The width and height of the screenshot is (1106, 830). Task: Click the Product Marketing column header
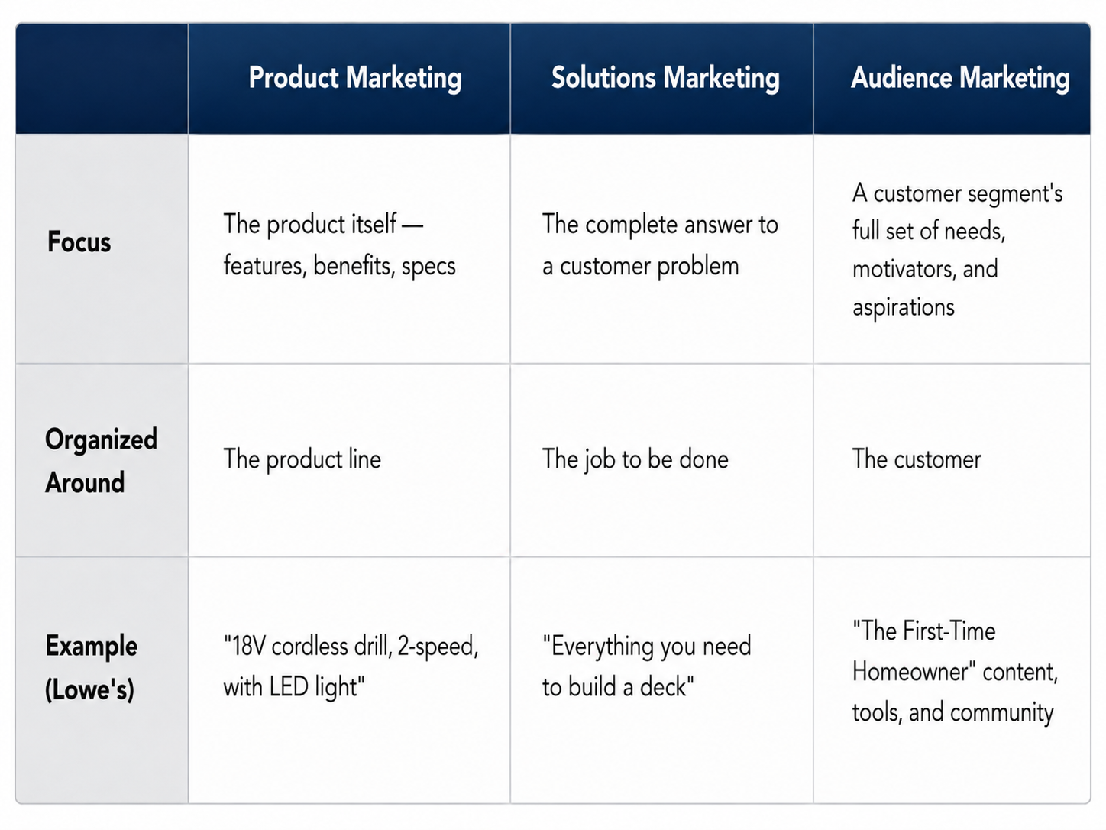(354, 78)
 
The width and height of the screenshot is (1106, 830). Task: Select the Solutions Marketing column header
(665, 78)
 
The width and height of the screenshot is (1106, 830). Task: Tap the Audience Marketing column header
(960, 78)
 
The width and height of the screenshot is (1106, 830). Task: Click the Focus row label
(79, 242)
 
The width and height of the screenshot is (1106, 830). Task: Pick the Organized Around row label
(101, 461)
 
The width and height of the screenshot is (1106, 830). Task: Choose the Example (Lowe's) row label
(91, 667)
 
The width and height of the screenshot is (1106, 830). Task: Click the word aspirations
(904, 307)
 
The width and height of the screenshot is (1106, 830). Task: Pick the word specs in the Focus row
(428, 267)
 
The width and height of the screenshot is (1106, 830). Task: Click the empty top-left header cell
(102, 79)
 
